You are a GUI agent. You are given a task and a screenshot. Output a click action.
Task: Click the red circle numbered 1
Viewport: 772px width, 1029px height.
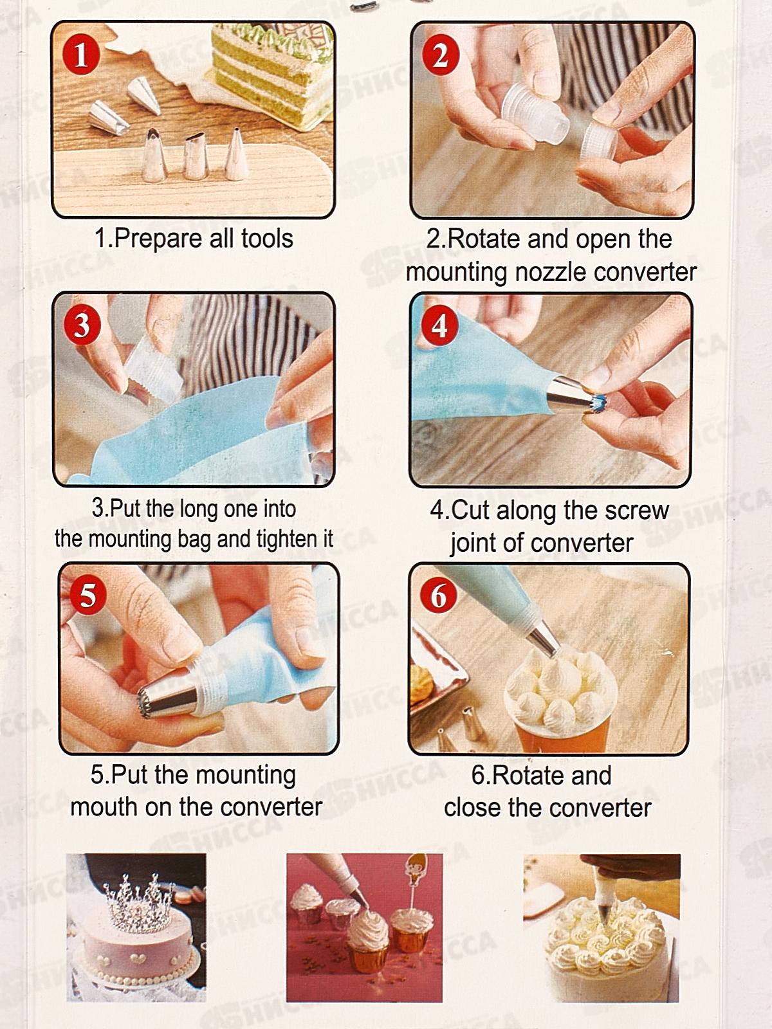coord(81,55)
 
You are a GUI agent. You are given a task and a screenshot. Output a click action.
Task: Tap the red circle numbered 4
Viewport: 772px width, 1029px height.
coord(439,325)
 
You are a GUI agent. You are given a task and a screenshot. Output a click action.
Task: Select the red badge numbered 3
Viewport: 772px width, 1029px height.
coord(82,326)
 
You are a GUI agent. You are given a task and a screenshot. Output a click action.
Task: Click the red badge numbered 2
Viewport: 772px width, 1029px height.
coord(440,56)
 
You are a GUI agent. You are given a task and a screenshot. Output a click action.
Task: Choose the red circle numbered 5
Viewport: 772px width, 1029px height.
coord(87,596)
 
